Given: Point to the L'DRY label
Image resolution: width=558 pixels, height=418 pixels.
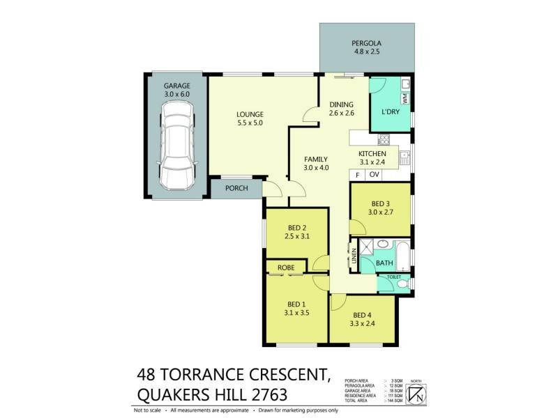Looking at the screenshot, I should click(391, 112).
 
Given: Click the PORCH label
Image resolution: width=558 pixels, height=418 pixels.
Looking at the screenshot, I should click(238, 188).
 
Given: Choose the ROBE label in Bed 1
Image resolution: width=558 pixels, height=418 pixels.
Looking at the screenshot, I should click(286, 268).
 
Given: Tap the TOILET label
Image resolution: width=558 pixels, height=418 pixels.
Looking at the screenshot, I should click(395, 277).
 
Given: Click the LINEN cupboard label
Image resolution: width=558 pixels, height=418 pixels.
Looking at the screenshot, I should click(354, 257).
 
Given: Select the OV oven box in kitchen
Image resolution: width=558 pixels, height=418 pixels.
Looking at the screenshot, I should click(375, 174).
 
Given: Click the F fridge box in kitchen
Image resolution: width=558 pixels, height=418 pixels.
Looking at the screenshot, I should click(358, 174).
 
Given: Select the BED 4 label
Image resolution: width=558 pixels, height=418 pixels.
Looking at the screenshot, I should click(363, 314).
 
